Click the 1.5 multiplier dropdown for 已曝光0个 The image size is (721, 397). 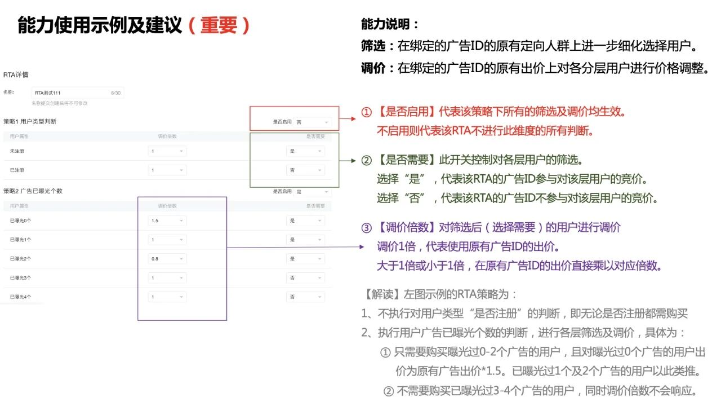pyautogui.click(x=167, y=221)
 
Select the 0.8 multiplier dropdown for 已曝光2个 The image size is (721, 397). pyautogui.click(x=167, y=258)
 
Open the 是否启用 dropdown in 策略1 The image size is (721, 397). pyautogui.click(x=312, y=122)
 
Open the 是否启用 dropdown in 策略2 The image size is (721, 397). pyautogui.click(x=312, y=192)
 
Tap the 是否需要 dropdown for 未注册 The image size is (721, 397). pyautogui.click(x=305, y=151)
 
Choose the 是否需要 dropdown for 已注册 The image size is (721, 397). pyautogui.click(x=305, y=170)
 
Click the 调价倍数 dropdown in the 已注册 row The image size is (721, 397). pyautogui.click(x=167, y=170)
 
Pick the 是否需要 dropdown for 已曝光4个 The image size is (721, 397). pyautogui.click(x=305, y=297)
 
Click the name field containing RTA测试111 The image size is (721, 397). pyautogui.click(x=77, y=92)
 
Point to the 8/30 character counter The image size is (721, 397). pyautogui.click(x=115, y=92)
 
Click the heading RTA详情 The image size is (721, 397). pyautogui.click(x=16, y=74)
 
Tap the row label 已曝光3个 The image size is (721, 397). pyautogui.click(x=21, y=277)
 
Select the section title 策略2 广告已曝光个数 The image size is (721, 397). pyautogui.click(x=33, y=191)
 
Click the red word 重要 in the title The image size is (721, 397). pyautogui.click(x=218, y=25)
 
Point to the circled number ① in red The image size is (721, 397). pyautogui.click(x=367, y=112)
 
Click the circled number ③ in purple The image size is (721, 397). pyautogui.click(x=367, y=228)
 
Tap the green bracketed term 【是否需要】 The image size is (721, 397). pyautogui.click(x=407, y=160)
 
